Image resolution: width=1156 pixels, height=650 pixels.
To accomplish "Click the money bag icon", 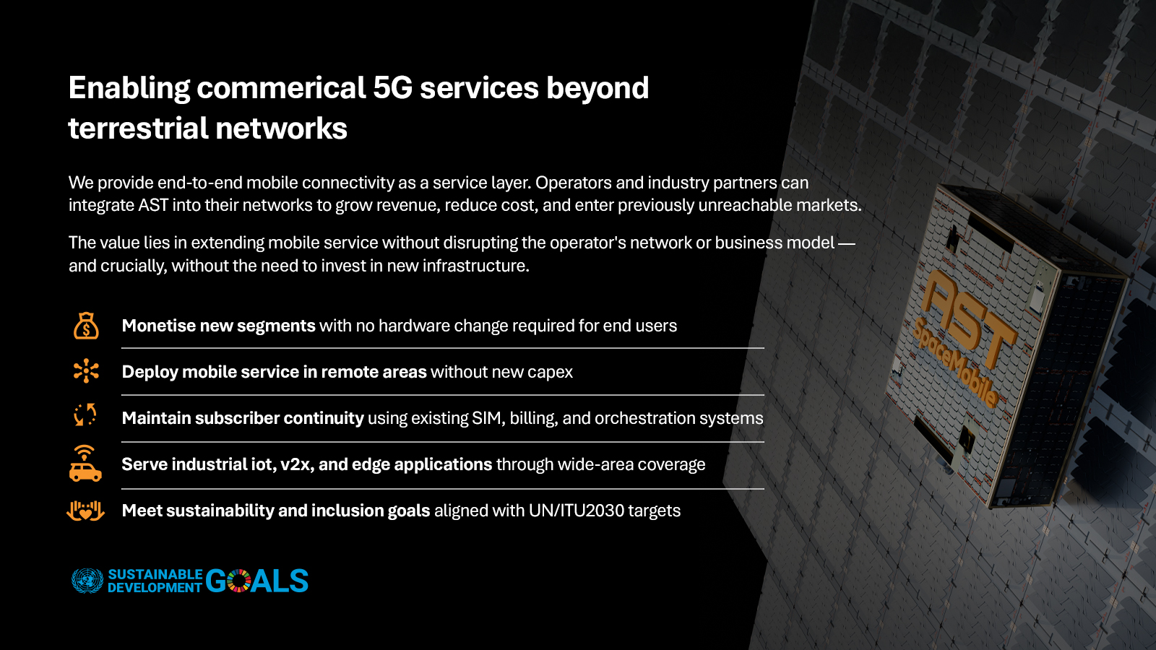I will point(86,326).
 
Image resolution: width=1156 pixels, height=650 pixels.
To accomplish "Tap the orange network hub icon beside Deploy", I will point(86,371).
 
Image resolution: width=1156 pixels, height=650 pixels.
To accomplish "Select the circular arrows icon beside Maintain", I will point(85,415).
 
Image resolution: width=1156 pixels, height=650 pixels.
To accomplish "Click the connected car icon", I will point(85,464).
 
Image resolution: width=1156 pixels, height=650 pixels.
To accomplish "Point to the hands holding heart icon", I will point(85,511).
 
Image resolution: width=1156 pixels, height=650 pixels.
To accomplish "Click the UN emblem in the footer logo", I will point(87,581).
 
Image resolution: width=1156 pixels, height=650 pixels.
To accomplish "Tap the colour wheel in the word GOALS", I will point(239,581).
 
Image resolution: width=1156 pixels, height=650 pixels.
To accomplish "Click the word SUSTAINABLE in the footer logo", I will point(155,574).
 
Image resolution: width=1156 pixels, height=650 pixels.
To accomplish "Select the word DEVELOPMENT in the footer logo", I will point(155,588).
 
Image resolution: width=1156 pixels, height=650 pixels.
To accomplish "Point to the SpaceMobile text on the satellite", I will point(955,361).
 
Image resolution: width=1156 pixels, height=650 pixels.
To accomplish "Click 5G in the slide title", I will point(392,88).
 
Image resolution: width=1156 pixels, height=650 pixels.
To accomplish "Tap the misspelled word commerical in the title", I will point(282,88).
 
